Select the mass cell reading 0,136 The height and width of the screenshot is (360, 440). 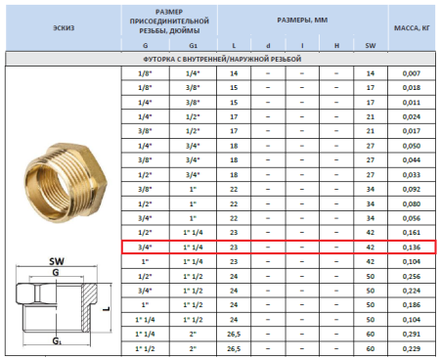411,247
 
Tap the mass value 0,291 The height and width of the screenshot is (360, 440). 411,334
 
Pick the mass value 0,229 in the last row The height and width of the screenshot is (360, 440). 411,348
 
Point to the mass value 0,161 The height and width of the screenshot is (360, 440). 411,233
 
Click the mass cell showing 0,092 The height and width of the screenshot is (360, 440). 411,190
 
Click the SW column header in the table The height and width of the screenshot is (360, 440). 370,45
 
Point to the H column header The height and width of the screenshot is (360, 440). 335,45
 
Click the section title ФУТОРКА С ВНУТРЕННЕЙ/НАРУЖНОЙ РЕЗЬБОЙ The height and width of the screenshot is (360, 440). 219,60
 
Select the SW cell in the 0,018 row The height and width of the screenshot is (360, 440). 370,88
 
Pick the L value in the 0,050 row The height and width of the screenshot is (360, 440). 233,146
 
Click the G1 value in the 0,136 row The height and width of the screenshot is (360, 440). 192,247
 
